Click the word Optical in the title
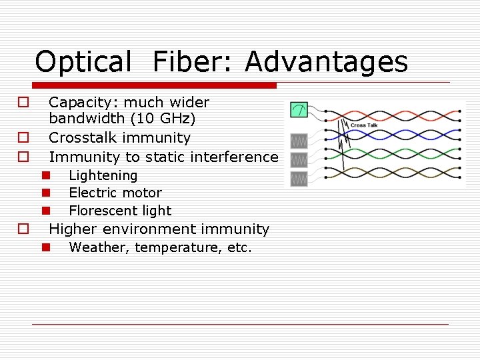pos(83,62)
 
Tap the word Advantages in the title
pos(326,62)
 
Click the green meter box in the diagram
pos(298,111)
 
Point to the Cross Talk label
pos(363,125)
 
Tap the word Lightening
pos(103,175)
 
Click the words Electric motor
pos(115,193)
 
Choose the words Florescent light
pos(120,211)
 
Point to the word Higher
pos(73,229)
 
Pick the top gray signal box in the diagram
pos(298,141)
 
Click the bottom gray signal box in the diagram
pos(298,179)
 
